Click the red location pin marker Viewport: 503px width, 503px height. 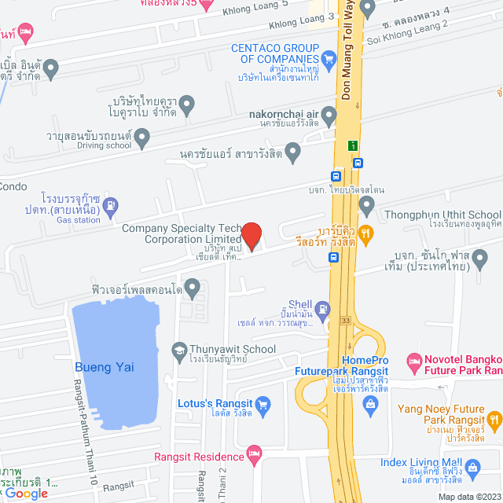pyautogui.click(x=251, y=236)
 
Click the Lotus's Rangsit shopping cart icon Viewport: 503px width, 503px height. pyautogui.click(x=263, y=405)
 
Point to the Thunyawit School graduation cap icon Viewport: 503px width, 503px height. pyautogui.click(x=179, y=348)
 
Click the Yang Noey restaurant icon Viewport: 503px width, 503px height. pyautogui.click(x=494, y=420)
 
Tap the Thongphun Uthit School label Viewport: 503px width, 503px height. pyautogui.click(x=441, y=214)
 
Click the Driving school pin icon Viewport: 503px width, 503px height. pyautogui.click(x=142, y=138)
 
